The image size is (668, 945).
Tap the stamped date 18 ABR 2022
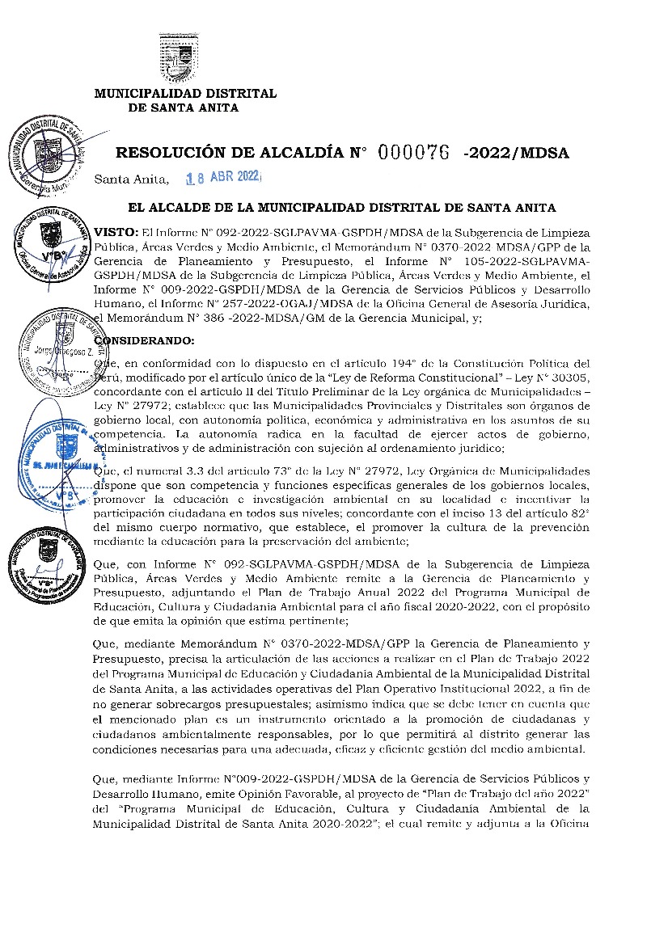220,178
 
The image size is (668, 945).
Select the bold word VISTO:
116,232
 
